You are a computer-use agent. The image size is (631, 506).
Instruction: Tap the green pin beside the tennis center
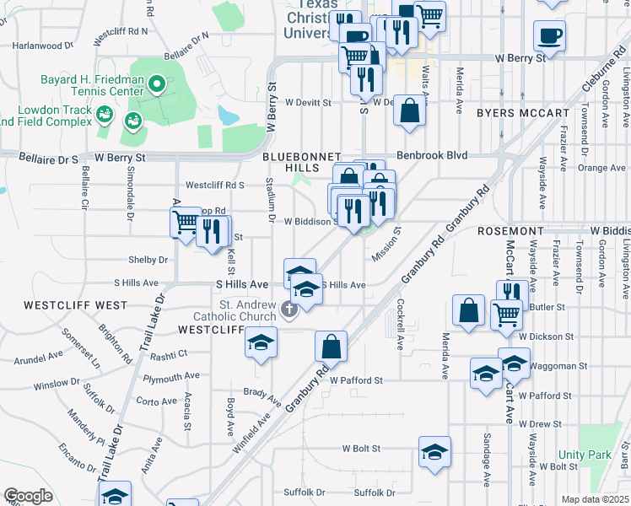click(156, 84)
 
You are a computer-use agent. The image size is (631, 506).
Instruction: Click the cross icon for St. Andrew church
click(289, 310)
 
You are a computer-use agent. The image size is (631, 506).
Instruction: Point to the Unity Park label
click(584, 455)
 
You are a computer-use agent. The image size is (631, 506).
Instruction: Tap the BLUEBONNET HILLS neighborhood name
click(301, 163)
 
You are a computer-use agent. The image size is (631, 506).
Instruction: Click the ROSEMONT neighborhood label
click(510, 230)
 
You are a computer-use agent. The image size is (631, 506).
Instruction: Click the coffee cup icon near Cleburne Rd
click(550, 35)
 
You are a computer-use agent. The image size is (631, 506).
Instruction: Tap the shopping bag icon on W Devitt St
click(409, 111)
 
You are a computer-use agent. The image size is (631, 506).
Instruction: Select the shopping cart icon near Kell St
click(186, 224)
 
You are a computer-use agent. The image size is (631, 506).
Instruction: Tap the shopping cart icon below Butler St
click(506, 315)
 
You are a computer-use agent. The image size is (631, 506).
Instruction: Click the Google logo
click(28, 496)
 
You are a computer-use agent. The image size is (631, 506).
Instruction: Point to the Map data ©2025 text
click(594, 499)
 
